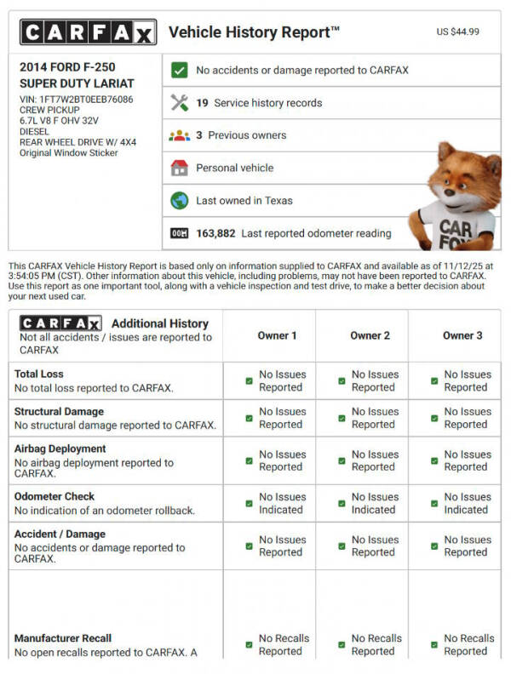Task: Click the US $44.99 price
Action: (457, 31)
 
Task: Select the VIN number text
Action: (76, 99)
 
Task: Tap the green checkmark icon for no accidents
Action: (179, 71)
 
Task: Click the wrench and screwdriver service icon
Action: (179, 103)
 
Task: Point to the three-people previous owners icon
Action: (179, 135)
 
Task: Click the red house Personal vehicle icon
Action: (179, 168)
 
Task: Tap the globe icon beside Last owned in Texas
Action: (179, 201)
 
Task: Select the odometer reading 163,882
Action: (215, 233)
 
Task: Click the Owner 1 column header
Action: (277, 335)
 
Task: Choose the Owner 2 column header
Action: (370, 335)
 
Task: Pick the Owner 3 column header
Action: (462, 335)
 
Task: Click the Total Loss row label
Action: (39, 374)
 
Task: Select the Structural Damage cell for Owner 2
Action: (370, 418)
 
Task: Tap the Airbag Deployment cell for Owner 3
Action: (462, 460)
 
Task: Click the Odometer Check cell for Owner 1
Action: (277, 503)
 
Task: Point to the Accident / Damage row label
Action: (60, 534)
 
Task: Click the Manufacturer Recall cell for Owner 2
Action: (370, 644)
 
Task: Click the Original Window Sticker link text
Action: (68, 153)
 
